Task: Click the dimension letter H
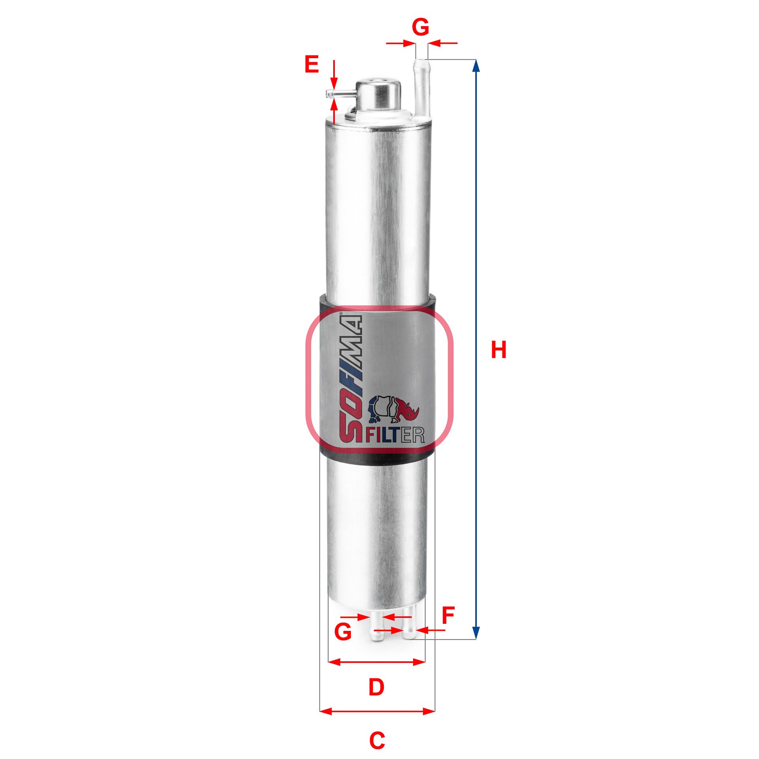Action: (498, 350)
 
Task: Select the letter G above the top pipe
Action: (420, 27)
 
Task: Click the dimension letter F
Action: (448, 616)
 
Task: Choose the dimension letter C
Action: (377, 740)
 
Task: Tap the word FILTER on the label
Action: (395, 435)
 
